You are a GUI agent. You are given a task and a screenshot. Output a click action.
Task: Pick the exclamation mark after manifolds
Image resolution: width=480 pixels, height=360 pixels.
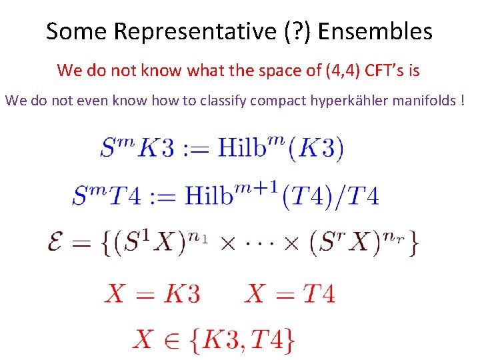point(462,101)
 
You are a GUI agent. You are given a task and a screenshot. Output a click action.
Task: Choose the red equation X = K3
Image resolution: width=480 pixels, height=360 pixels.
point(152,293)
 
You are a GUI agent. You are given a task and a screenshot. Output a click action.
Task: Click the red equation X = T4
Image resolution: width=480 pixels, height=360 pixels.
point(289,293)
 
